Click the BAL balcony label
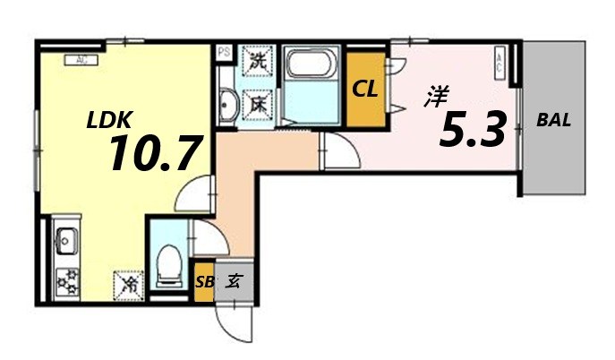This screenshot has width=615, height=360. click(554, 119)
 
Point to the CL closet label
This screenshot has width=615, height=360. click(363, 89)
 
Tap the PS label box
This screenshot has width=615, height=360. click(224, 52)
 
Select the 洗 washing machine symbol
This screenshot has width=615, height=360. click(258, 64)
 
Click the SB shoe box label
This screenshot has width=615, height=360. click(204, 281)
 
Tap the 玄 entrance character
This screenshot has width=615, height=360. click(233, 281)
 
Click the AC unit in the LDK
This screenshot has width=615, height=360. click(82, 60)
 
